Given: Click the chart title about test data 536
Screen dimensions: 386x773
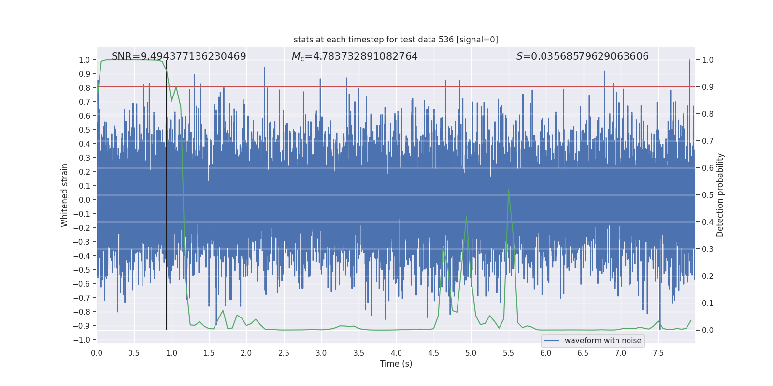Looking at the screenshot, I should [x=396, y=40].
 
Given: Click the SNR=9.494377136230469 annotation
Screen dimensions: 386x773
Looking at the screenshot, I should [x=179, y=56].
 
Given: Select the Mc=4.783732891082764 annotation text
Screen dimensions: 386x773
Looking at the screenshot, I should [x=355, y=56].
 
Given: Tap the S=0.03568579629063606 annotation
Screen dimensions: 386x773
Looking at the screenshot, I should [x=582, y=56].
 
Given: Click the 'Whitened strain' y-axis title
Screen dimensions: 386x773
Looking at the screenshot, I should [x=64, y=195].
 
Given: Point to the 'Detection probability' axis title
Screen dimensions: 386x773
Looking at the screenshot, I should [x=720, y=195].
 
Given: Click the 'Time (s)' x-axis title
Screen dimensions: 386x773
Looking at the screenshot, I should [x=396, y=364].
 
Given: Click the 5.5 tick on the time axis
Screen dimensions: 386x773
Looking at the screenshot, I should [x=508, y=353].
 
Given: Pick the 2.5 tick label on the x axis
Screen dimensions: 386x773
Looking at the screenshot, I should [x=284, y=353].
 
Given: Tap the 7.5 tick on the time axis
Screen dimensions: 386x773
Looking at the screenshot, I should [x=658, y=353].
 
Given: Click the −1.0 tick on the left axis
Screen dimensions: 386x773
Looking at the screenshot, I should [x=82, y=340].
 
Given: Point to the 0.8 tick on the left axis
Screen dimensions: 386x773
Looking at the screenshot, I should [x=85, y=88].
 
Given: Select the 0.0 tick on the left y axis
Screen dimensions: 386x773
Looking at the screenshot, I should [x=85, y=200].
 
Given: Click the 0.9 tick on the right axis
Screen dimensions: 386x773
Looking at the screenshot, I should [x=708, y=87].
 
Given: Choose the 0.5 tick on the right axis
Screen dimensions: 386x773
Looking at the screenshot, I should [x=708, y=195].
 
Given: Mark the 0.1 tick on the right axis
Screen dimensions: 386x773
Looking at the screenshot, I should [x=708, y=303].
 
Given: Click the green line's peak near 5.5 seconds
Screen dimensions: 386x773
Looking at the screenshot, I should [x=508, y=189].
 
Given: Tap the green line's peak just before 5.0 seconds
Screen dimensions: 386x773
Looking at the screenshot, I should [x=466, y=216].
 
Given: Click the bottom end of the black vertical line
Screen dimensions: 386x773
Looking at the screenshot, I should [x=167, y=330].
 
